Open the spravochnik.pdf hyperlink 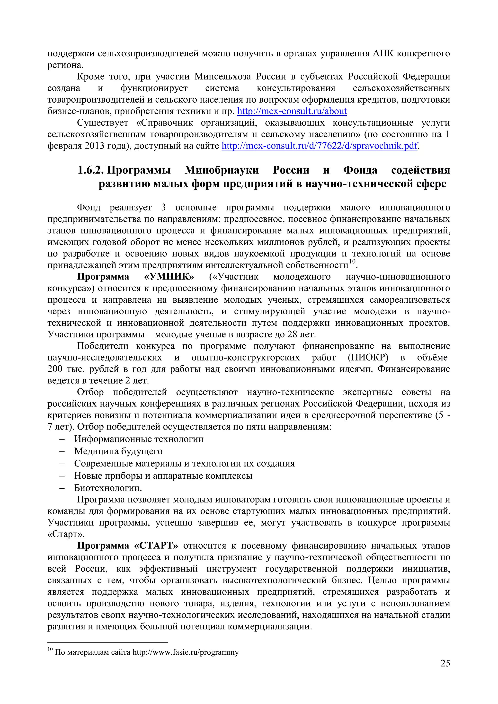(319, 146)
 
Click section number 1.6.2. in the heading (90, 170)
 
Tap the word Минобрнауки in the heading (222, 170)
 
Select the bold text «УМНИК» (169, 277)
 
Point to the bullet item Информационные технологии (139, 439)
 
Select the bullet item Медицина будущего (118, 451)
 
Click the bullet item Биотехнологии (108, 488)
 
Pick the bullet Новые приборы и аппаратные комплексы (163, 476)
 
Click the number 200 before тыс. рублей (55, 369)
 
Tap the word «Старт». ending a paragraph (66, 534)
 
